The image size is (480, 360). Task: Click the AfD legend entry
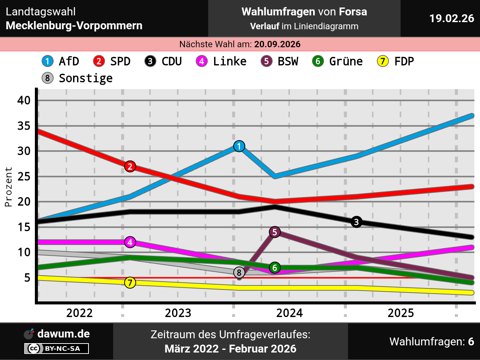tap(61, 61)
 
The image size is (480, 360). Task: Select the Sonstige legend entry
tap(77, 78)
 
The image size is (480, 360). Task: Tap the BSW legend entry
tap(280, 61)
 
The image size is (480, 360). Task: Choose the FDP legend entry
tap(396, 61)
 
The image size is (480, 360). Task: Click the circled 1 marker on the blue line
tap(239, 146)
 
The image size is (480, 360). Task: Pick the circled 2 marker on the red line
tap(130, 166)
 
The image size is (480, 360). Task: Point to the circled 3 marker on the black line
tap(356, 222)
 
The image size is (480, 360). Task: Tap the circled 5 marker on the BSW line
tap(275, 232)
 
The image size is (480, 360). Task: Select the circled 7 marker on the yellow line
tap(130, 282)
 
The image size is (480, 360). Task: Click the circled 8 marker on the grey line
tap(239, 273)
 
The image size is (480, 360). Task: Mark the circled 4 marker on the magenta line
tap(130, 242)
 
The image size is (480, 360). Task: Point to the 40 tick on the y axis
tap(24, 100)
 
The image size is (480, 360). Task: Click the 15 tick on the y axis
tap(24, 227)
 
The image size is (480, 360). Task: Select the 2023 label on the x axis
tap(178, 313)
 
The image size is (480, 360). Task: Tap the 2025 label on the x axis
tap(401, 313)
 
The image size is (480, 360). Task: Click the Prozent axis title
tap(8, 187)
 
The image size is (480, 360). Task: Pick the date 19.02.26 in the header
tap(451, 18)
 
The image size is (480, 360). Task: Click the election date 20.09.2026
tap(277, 44)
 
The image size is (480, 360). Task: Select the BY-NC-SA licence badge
tap(57, 348)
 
